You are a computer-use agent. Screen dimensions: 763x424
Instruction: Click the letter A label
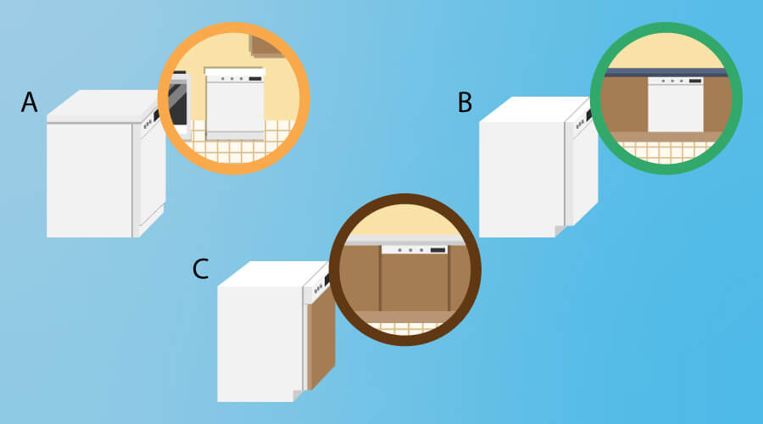(x=29, y=103)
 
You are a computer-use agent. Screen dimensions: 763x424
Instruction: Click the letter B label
(x=465, y=103)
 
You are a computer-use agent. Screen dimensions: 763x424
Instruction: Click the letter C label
(x=200, y=269)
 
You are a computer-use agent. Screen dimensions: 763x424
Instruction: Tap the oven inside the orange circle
(x=178, y=103)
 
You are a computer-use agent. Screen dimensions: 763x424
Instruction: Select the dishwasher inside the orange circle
(x=235, y=103)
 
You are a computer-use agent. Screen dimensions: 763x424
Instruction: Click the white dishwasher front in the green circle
(x=676, y=104)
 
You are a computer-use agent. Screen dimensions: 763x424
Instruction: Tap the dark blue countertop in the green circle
(x=666, y=73)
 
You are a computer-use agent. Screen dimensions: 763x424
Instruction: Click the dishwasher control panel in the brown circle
(x=414, y=249)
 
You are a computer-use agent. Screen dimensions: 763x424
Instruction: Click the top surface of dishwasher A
(x=103, y=106)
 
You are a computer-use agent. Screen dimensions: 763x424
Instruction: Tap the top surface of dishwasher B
(x=534, y=109)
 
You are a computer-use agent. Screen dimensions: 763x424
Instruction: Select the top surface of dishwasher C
(x=272, y=274)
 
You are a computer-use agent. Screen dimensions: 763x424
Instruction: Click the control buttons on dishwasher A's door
(x=148, y=125)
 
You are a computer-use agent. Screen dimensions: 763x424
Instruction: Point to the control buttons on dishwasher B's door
(x=580, y=124)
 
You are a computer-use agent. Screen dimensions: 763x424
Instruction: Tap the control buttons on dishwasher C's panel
(x=318, y=288)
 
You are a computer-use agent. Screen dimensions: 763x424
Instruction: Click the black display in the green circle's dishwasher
(x=695, y=81)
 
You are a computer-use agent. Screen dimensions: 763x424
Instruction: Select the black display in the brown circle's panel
(x=438, y=250)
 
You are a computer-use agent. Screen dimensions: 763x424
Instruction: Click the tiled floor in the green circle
(x=666, y=152)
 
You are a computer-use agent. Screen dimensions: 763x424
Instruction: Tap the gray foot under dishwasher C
(x=298, y=396)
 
